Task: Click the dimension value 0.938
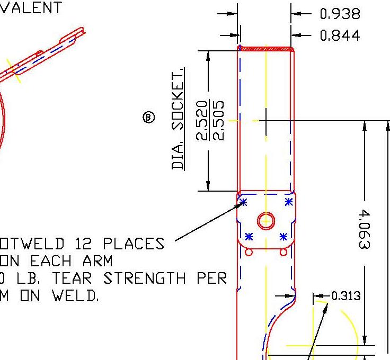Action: point(340,14)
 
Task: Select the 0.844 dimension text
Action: point(340,35)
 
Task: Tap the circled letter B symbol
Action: point(149,118)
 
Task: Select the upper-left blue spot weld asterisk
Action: point(243,202)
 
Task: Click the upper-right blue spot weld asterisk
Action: point(288,202)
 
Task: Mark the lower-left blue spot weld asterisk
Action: point(249,236)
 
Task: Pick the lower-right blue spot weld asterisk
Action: point(283,236)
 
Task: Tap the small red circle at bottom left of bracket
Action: point(249,253)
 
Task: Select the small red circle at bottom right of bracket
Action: point(283,253)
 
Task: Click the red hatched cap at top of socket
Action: point(266,49)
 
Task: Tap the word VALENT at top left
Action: point(30,7)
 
